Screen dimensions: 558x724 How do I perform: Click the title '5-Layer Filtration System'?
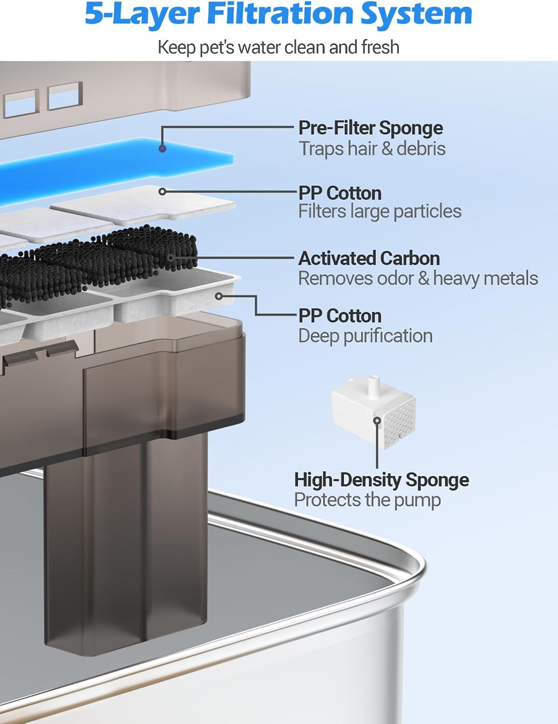tap(278, 14)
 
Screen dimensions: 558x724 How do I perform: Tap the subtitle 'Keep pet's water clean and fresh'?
tap(278, 47)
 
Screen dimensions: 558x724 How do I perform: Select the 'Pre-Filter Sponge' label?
tap(370, 128)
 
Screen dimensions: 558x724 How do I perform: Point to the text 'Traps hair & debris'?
tap(372, 149)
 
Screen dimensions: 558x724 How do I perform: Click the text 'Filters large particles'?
tap(380, 211)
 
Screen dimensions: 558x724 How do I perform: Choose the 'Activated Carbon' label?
tap(369, 259)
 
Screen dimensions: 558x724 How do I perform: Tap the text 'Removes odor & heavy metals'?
tap(418, 278)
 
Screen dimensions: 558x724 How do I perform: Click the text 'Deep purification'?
tap(366, 336)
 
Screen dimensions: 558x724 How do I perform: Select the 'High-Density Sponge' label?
tap(381, 480)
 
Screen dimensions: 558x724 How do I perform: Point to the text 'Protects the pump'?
tap(367, 500)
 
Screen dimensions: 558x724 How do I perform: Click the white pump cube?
tap(374, 413)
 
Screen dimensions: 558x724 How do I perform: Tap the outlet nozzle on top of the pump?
tap(374, 384)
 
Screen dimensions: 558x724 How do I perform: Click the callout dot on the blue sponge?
tap(162, 149)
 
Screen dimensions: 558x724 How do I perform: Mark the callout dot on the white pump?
tap(377, 420)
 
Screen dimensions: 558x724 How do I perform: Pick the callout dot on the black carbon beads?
tap(171, 258)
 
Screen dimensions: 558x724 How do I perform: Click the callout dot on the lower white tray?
tap(219, 296)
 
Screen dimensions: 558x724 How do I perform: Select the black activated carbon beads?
tap(96, 263)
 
